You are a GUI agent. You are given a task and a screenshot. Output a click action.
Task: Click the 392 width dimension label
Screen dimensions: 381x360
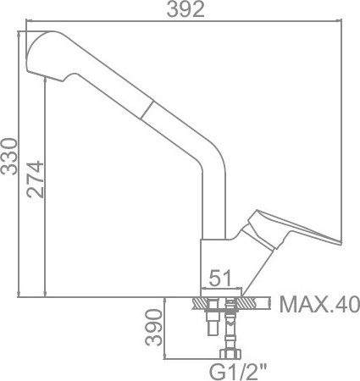tap(186, 11)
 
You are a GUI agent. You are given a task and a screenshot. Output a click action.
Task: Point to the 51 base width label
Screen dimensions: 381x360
tap(221, 277)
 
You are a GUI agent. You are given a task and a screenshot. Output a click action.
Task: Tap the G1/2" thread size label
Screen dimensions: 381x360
tap(236, 369)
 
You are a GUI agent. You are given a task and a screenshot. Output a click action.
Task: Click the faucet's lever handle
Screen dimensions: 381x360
tap(292, 232)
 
